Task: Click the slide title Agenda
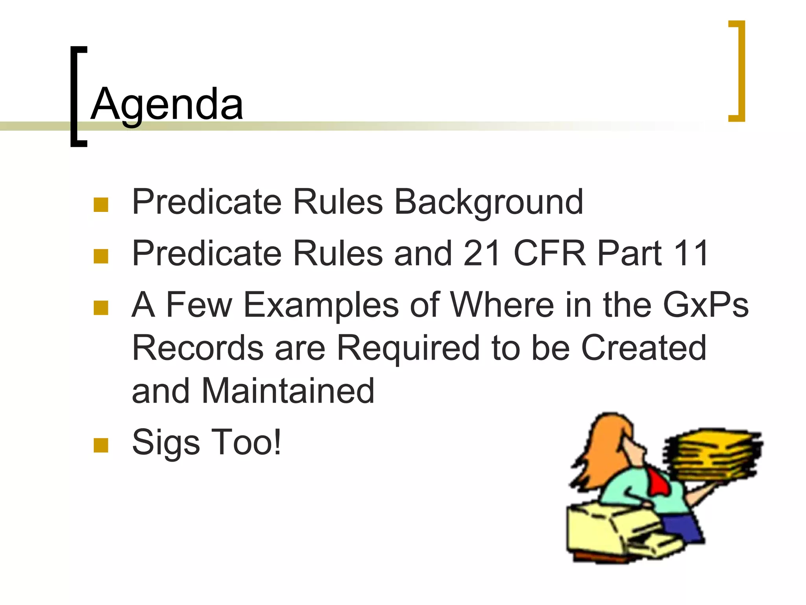pyautogui.click(x=167, y=104)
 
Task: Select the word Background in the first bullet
pyautogui.click(x=488, y=202)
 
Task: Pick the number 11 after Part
pyautogui.click(x=691, y=253)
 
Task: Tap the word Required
pyautogui.click(x=409, y=348)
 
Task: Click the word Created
pyautogui.click(x=644, y=348)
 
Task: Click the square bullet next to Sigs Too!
pyautogui.click(x=101, y=445)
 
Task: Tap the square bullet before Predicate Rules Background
pyautogui.click(x=101, y=205)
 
